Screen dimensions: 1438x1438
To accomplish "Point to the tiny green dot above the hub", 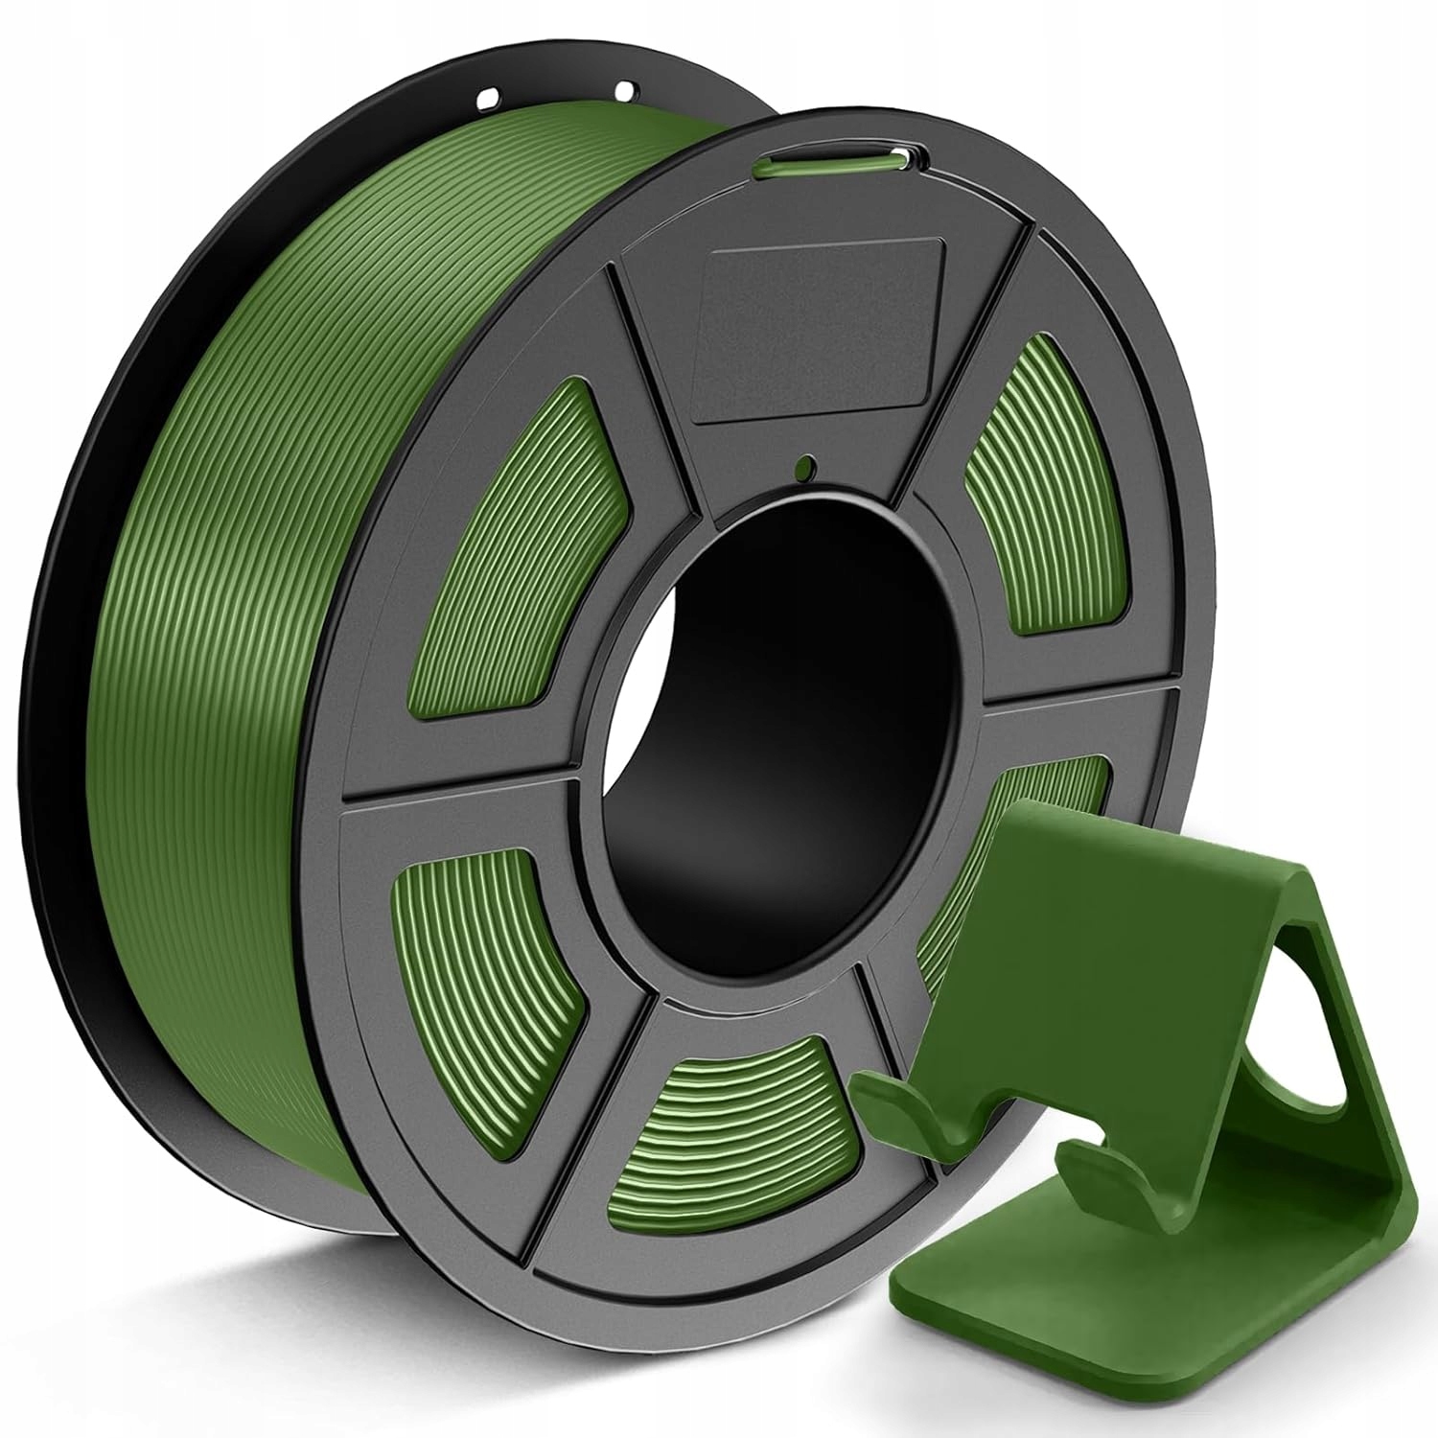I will [803, 467].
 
